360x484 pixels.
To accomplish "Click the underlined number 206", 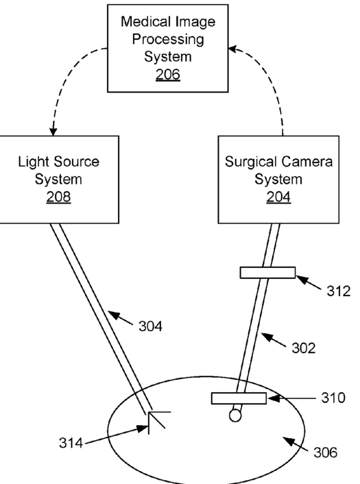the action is tap(167, 75).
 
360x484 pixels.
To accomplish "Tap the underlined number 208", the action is tap(58, 197).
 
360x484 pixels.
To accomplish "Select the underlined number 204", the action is tap(278, 197).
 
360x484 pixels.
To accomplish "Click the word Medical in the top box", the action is tap(145, 22).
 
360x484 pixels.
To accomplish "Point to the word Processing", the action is tap(168, 40).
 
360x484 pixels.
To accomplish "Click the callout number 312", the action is tap(339, 291).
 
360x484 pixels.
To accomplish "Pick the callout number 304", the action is tap(150, 326).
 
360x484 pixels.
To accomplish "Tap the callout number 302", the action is tap(304, 348).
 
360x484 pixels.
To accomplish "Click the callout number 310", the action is tap(333, 398).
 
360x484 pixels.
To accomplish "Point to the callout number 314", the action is tap(71, 443).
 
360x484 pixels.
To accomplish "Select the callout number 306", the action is tap(326, 453).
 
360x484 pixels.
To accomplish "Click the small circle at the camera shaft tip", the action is tap(235, 415).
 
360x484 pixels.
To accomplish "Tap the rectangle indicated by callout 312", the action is tap(267, 273).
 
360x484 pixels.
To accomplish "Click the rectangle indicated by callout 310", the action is tap(239, 398).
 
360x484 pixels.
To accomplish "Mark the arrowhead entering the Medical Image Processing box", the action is tap(232, 49).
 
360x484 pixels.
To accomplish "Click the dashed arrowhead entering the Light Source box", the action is tap(53, 132).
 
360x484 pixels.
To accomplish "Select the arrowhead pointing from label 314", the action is tap(143, 428).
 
